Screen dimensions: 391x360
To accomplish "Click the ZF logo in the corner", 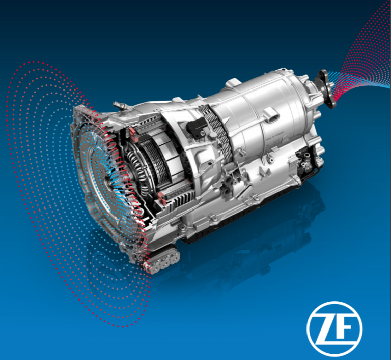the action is coord(334,329).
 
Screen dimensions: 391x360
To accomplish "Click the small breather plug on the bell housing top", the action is coord(120,106).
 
